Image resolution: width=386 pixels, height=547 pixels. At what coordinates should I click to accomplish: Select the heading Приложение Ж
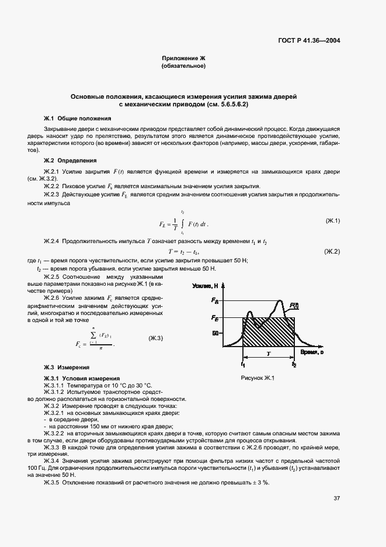coord(183,58)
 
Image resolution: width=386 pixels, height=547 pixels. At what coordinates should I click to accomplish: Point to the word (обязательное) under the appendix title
coord(183,66)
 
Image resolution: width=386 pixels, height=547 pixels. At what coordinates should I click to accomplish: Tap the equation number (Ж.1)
coord(333,220)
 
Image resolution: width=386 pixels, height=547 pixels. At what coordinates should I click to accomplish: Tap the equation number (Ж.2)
coord(332,251)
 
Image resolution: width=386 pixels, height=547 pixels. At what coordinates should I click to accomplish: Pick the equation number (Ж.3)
coord(156,338)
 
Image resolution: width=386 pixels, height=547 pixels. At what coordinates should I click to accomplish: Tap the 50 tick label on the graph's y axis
coord(215,333)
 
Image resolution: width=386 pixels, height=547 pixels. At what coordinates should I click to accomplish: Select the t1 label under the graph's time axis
coord(242,364)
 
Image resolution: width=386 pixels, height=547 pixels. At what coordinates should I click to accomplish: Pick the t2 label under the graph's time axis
coord(294,364)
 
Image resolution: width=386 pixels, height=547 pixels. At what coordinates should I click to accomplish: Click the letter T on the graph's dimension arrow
coord(269,354)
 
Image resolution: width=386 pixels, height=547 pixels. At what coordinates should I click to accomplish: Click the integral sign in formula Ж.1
coord(183,223)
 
